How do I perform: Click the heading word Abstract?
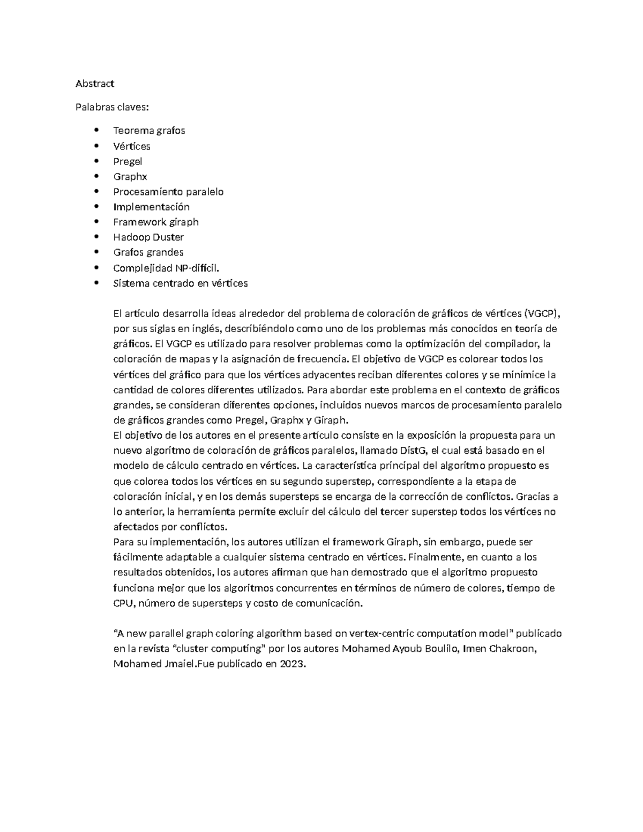click(95, 84)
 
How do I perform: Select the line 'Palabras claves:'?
click(112, 107)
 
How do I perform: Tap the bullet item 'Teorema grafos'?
click(149, 130)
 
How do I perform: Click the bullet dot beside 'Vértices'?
click(96, 146)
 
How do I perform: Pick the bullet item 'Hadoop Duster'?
click(148, 237)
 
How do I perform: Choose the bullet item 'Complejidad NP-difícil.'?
click(166, 268)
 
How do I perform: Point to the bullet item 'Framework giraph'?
click(156, 222)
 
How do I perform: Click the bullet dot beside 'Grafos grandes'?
click(96, 252)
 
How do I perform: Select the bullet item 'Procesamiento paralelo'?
click(168, 191)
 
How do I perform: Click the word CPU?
click(122, 603)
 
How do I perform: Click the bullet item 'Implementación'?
click(152, 207)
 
